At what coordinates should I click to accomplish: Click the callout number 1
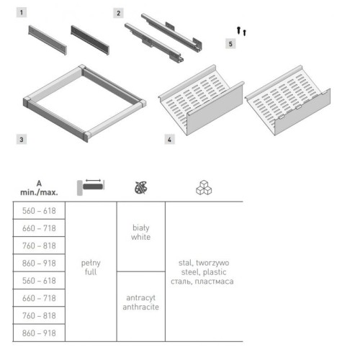tap(22, 12)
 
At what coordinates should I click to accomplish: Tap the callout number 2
tap(118, 13)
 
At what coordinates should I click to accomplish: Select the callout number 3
tap(22, 140)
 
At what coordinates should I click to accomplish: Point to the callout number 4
tap(169, 140)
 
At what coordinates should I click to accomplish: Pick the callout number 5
tap(230, 44)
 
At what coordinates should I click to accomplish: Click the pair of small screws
tap(241, 31)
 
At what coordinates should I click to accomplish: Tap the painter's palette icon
tap(141, 187)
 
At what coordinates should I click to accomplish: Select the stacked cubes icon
tap(204, 187)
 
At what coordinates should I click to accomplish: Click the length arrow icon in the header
tap(91, 187)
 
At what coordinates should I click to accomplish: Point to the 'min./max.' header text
tap(39, 192)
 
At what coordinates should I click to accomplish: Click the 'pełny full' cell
tap(91, 267)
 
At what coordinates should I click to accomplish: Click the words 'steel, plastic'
tap(204, 272)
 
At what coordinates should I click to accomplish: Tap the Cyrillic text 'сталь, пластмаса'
tap(202, 282)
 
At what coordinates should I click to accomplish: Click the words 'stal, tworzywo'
tap(204, 263)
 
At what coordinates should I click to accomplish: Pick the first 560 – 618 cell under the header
tap(39, 211)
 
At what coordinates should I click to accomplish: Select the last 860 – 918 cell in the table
tap(39, 333)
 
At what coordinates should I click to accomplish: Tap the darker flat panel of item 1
tap(90, 40)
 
